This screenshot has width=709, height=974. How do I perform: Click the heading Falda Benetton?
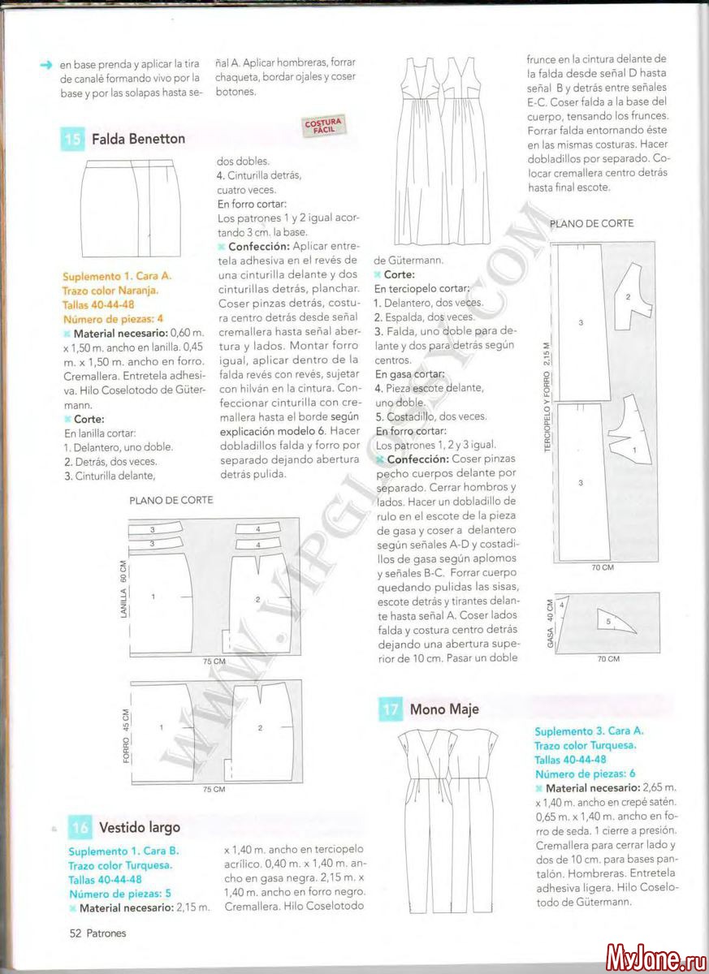point(138,139)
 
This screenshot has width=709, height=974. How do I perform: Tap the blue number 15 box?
point(72,139)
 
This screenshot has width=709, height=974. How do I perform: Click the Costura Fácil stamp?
point(323,126)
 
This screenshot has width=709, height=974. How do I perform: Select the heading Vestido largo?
point(140,828)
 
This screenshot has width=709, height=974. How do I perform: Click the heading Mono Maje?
point(444,709)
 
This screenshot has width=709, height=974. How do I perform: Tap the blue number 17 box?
point(391,709)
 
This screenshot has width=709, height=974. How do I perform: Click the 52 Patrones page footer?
point(97,933)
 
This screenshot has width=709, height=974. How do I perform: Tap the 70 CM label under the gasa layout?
point(608,659)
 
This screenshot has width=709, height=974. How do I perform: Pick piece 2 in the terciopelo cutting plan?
point(627,299)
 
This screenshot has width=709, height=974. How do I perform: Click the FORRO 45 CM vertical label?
point(124,735)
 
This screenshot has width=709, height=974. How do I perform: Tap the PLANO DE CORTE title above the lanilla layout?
point(171,500)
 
